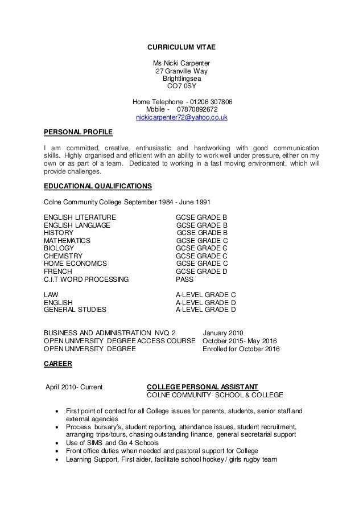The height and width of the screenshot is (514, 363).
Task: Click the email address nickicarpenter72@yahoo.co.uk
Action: pos(181,118)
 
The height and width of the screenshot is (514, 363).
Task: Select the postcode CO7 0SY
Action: pos(181,87)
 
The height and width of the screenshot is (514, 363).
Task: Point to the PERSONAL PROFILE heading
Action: pos(79,133)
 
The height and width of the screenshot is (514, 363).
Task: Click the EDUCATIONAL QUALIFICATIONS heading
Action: pos(98,187)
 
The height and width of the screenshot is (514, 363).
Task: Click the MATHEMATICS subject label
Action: pos(67,241)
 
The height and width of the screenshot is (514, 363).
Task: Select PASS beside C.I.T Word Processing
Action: pos(185,280)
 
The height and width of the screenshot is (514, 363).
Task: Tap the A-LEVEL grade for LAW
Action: pos(205,294)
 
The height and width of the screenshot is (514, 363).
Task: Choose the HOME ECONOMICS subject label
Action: pos(75,264)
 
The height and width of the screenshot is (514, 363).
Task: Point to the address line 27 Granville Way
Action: pos(181,71)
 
